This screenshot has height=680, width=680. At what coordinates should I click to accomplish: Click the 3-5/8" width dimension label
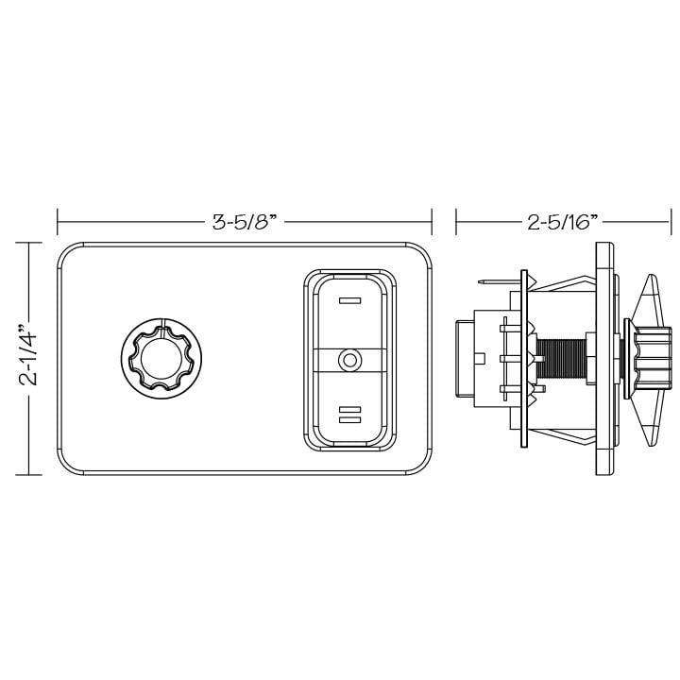(243, 223)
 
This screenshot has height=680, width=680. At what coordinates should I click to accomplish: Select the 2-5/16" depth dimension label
(564, 223)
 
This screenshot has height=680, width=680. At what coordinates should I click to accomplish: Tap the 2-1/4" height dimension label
(29, 359)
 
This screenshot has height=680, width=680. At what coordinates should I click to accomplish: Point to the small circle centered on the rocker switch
(349, 359)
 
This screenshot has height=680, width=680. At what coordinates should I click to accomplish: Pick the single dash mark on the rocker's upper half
(349, 303)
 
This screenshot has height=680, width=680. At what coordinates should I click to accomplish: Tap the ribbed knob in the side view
(651, 360)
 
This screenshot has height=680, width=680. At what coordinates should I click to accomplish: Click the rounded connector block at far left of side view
(466, 359)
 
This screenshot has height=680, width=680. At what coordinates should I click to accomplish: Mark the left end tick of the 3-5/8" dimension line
(58, 223)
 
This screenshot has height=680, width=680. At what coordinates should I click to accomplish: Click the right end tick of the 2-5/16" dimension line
(670, 223)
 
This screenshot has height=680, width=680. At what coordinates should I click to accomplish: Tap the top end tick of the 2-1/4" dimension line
(29, 244)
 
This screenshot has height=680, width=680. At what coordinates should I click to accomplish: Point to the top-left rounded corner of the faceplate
(68, 254)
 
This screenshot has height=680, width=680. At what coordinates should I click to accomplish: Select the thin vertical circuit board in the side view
(522, 360)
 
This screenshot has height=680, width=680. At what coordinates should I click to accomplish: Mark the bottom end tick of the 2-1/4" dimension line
(29, 475)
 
